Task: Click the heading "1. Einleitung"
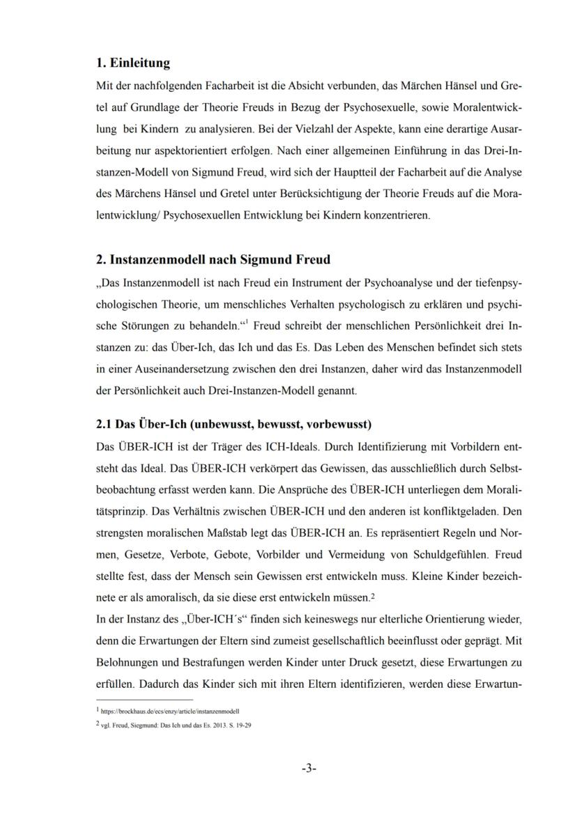(x=133, y=63)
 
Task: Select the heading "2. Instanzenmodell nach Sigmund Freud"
(x=213, y=259)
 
